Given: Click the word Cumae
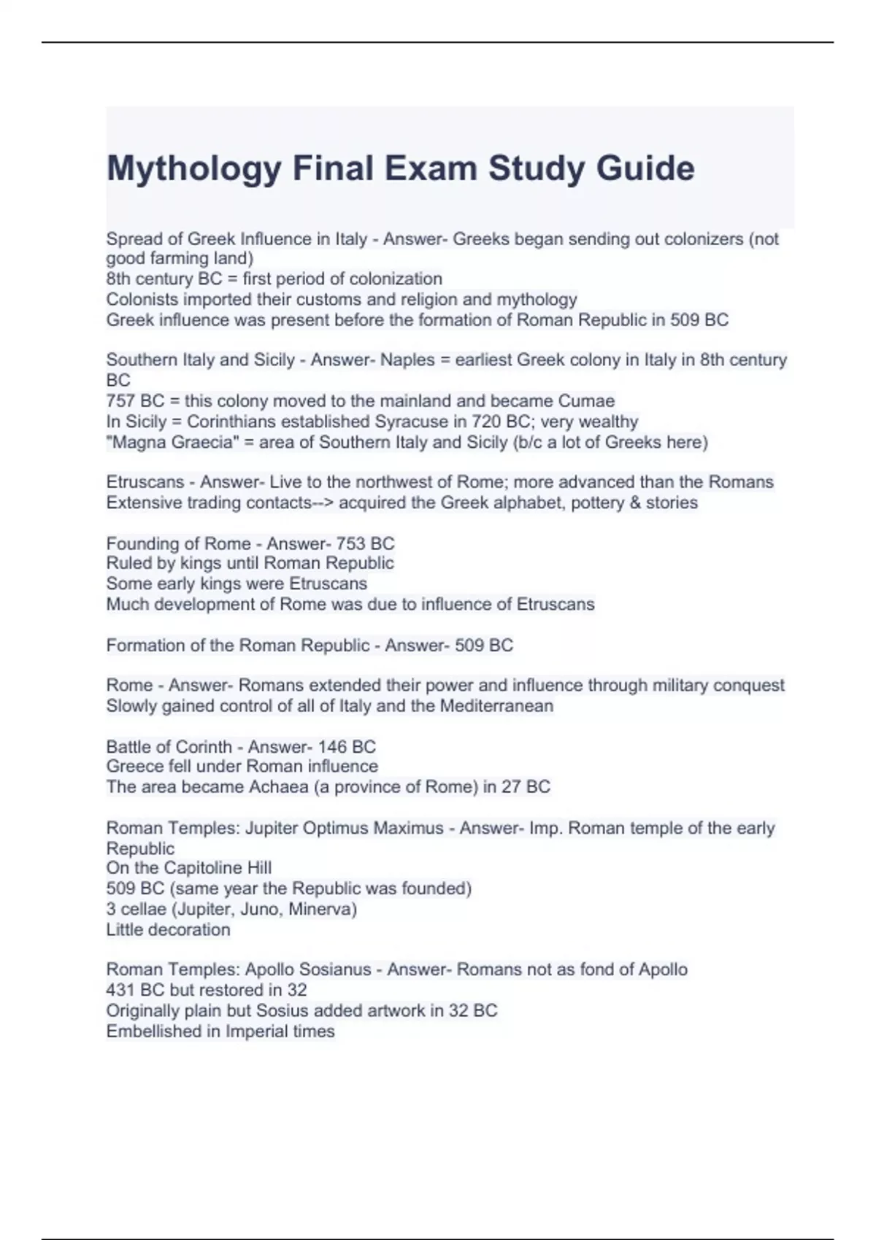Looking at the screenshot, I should [x=586, y=400].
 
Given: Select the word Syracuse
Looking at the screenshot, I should [x=412, y=422].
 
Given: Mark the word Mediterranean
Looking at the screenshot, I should [x=496, y=705].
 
